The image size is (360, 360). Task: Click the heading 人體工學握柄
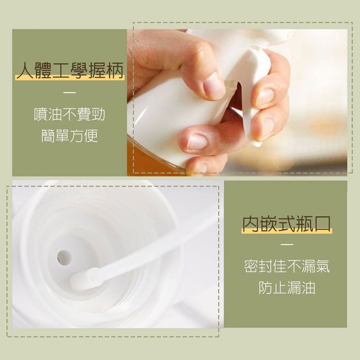[70, 70]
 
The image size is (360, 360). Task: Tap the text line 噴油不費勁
[69, 114]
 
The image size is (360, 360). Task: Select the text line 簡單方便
[69, 136]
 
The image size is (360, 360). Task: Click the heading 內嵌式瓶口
[287, 224]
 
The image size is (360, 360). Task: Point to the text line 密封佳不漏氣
[287, 266]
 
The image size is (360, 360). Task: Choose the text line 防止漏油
[287, 287]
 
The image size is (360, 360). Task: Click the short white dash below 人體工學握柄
[69, 93]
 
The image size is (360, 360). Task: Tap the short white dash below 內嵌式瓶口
[287, 244]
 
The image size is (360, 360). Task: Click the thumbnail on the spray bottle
[213, 85]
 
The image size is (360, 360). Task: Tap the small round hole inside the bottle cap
[64, 257]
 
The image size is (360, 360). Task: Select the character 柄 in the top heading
[115, 70]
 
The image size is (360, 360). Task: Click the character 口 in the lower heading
[322, 224]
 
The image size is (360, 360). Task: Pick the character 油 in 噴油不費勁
[56, 114]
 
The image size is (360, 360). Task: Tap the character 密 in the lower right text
[251, 266]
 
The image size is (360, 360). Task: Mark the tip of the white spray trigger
[257, 144]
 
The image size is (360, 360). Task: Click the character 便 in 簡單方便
[91, 136]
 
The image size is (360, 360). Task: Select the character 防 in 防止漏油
[266, 287]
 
